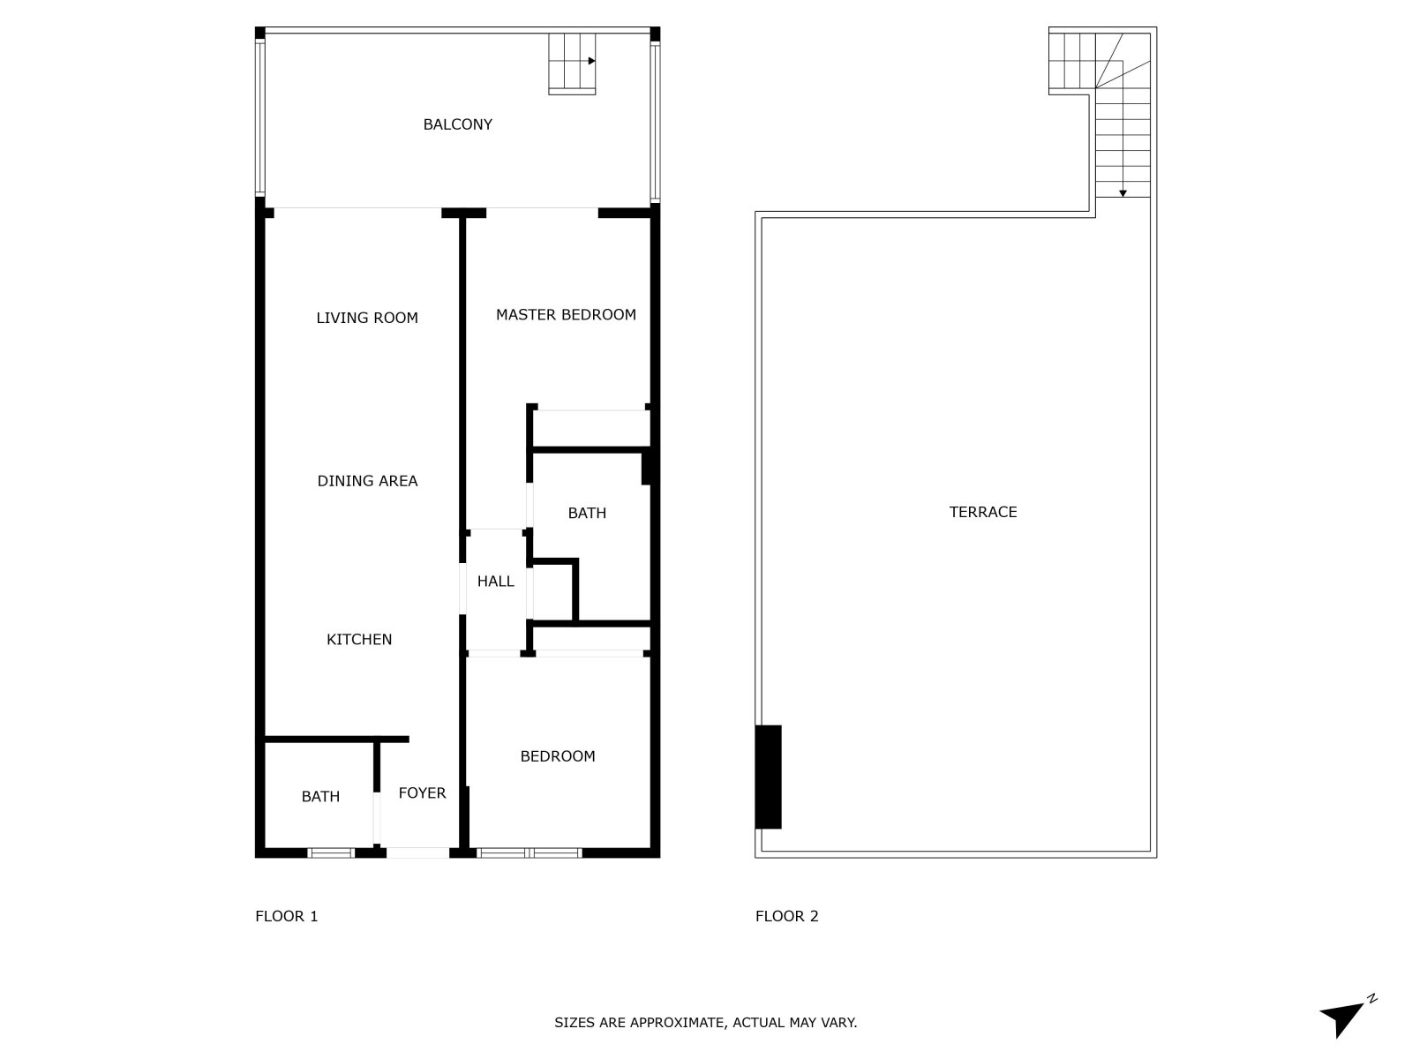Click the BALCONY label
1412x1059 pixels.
[x=457, y=124]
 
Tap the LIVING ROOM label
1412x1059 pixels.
[x=366, y=318]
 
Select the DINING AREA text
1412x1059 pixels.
[x=367, y=481]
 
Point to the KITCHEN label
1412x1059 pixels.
[x=359, y=639]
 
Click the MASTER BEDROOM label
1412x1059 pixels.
[x=566, y=314]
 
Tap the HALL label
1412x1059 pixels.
[x=495, y=582]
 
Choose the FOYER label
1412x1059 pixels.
[x=422, y=792]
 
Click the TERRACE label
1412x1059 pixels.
[x=982, y=512]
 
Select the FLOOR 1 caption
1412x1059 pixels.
[x=286, y=916]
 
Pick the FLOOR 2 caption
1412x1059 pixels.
[x=786, y=916]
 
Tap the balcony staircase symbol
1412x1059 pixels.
[x=572, y=64]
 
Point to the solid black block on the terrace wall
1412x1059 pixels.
[x=768, y=777]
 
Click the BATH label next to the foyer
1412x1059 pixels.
[x=320, y=797]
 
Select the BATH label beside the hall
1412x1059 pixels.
[x=587, y=513]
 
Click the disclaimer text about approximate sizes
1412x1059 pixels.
[x=706, y=1022]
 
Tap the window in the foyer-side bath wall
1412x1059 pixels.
[x=331, y=853]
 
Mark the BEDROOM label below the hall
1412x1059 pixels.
[x=557, y=756]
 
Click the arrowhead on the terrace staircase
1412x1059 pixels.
[x=1123, y=193]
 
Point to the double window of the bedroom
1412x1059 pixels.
[x=529, y=853]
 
